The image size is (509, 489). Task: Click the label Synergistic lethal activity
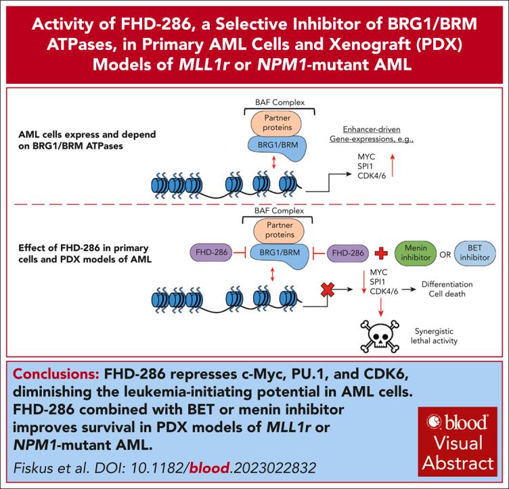click(435, 335)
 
